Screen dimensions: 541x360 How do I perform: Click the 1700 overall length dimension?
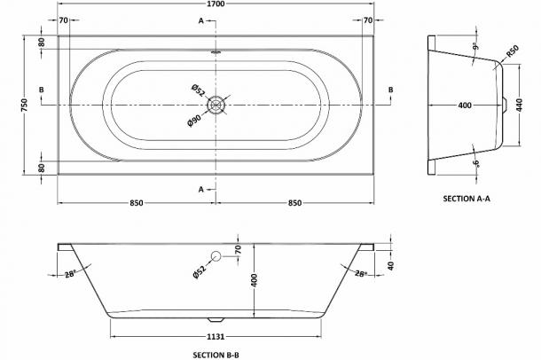(x=216, y=4)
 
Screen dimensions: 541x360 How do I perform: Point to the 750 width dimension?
(x=24, y=105)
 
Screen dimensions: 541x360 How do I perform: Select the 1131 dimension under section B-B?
(x=216, y=336)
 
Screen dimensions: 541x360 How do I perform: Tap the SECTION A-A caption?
(x=467, y=199)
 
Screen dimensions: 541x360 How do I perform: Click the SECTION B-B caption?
(x=216, y=355)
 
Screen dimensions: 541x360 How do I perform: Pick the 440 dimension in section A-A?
(x=520, y=105)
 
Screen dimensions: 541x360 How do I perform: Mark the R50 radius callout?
(x=513, y=51)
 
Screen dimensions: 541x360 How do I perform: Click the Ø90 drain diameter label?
(x=194, y=121)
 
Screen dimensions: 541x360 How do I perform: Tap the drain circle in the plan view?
(x=216, y=105)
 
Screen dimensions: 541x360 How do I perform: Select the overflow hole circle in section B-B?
(x=216, y=256)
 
